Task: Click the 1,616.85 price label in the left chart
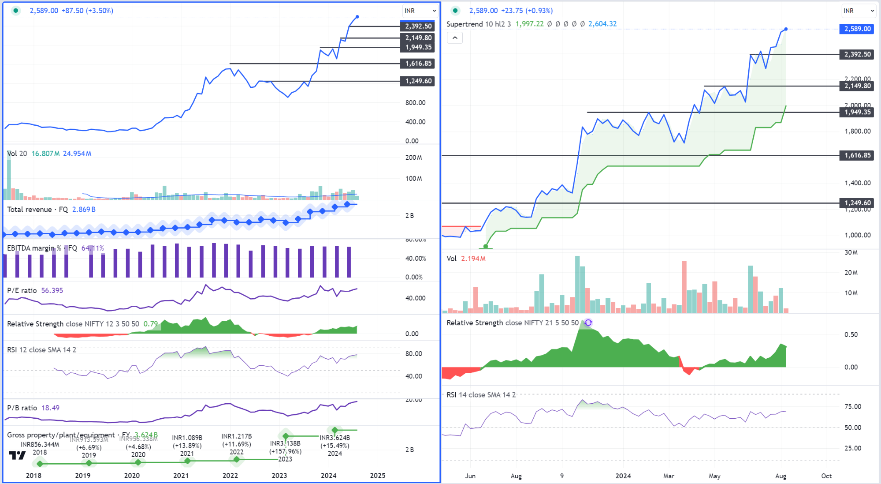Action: tap(418, 64)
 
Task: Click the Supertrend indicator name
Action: tap(465, 24)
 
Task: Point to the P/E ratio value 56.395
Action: tap(52, 290)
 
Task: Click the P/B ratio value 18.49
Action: tap(50, 408)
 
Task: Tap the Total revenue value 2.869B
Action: tap(84, 209)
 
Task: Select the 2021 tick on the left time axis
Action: tap(181, 475)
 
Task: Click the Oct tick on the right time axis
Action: tap(826, 476)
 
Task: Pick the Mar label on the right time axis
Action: tap(669, 476)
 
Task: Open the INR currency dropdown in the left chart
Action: tap(420, 11)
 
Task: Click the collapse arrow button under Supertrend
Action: tap(455, 38)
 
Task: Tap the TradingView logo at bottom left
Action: tap(17, 455)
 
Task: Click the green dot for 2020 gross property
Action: tap(138, 462)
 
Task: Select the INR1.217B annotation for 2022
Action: tap(237, 436)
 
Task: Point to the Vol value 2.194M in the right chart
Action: tap(473, 259)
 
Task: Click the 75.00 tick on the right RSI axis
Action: tap(853, 406)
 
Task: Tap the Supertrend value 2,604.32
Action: tap(602, 24)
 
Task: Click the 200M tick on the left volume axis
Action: tap(413, 158)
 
